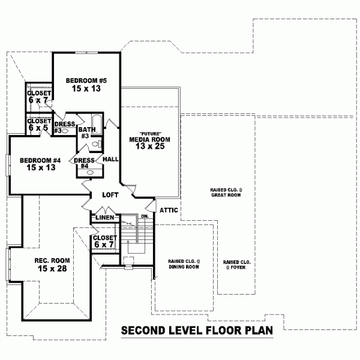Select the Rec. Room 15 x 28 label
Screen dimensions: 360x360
[52, 264]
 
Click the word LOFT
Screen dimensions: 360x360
[110, 195]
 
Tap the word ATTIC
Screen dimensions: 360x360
[169, 210]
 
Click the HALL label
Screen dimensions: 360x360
[110, 160]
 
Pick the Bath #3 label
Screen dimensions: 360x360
[86, 133]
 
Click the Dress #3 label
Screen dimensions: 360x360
[64, 127]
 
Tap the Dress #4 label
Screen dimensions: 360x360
[83, 163]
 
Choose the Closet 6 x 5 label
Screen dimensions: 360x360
[38, 124]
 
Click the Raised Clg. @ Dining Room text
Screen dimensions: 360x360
[184, 264]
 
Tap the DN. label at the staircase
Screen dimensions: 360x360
[145, 216]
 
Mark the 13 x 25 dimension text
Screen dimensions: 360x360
[150, 146]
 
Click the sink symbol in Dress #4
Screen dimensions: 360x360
[90, 172]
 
